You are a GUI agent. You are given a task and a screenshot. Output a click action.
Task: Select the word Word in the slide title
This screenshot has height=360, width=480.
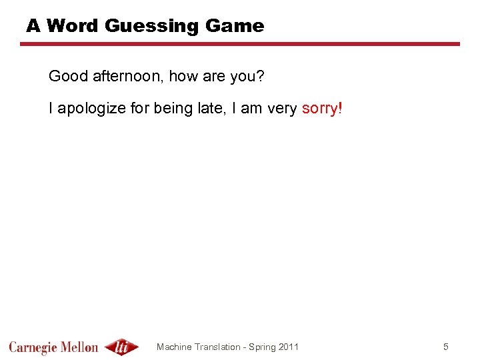click(x=73, y=26)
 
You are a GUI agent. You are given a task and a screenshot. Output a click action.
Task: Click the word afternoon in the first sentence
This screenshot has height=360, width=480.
click(x=125, y=77)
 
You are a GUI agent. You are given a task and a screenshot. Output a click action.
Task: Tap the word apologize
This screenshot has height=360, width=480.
click(x=93, y=108)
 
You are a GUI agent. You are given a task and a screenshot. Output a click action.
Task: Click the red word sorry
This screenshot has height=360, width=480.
click(x=320, y=108)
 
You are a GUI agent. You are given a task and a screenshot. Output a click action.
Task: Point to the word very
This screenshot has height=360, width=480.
click(x=283, y=108)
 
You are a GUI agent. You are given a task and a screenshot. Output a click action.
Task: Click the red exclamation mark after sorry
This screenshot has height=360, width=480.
click(x=341, y=108)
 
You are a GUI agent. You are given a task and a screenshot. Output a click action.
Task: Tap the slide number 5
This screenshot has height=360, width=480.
click(x=446, y=347)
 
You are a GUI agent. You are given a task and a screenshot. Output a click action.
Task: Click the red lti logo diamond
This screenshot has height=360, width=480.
click(x=122, y=347)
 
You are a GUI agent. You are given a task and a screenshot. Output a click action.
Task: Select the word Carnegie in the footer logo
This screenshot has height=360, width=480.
click(x=33, y=347)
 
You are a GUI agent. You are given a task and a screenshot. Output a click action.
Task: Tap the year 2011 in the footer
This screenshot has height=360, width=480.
click(x=288, y=347)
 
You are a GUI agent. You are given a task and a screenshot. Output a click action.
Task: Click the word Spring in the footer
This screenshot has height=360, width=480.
click(x=262, y=347)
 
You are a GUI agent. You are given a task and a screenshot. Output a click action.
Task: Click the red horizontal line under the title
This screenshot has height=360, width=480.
click(x=240, y=44)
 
